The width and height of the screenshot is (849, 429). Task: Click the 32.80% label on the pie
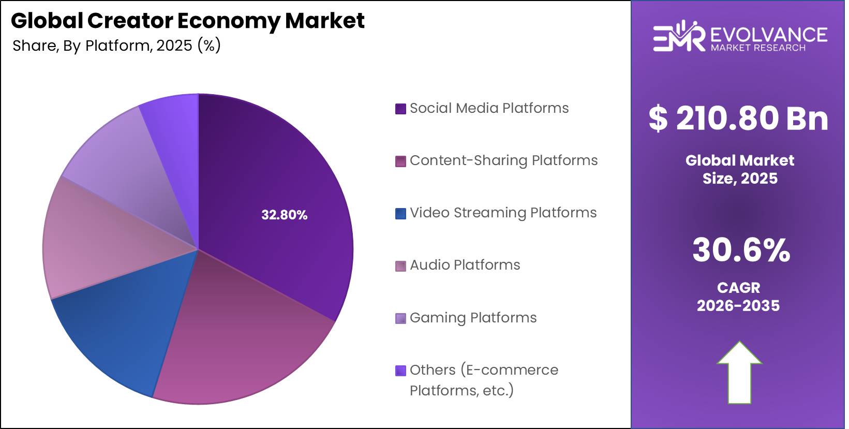pyautogui.click(x=284, y=215)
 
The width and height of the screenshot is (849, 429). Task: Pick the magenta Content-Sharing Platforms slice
pyautogui.click(x=238, y=342)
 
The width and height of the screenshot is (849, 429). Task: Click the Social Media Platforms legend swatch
pyautogui.click(x=400, y=109)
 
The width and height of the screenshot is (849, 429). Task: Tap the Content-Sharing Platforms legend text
pyautogui.click(x=503, y=160)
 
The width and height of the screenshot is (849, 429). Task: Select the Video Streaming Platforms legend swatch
pyautogui.click(x=400, y=213)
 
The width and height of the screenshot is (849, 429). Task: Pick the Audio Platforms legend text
pyautogui.click(x=465, y=265)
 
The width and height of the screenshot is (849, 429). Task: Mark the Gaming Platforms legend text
pyautogui.click(x=473, y=317)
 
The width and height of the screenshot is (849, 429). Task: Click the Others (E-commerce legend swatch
pyautogui.click(x=400, y=371)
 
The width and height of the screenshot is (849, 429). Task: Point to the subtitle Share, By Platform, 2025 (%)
pyautogui.click(x=116, y=46)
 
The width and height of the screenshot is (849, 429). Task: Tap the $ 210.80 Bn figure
pyautogui.click(x=738, y=118)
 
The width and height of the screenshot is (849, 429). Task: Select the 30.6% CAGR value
pyautogui.click(x=741, y=250)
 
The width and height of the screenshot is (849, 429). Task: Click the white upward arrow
pyautogui.click(x=739, y=373)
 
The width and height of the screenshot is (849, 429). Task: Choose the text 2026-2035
pyautogui.click(x=738, y=305)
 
